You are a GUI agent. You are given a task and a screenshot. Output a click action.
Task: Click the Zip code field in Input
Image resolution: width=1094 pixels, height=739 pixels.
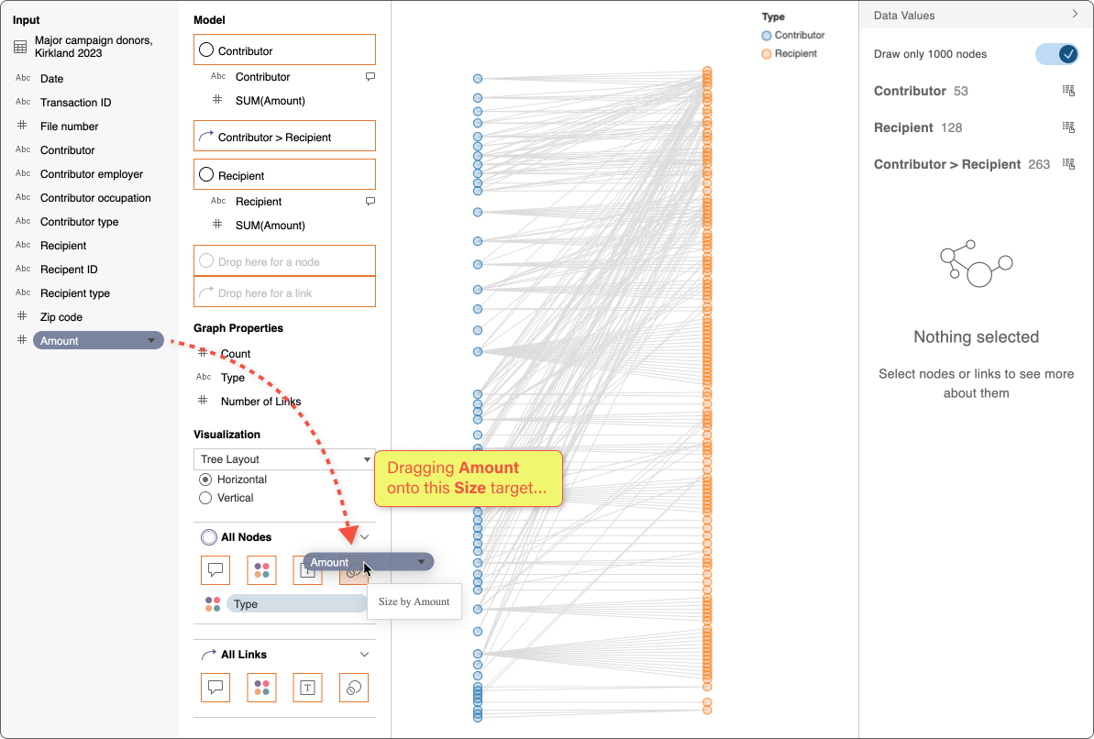[x=61, y=317]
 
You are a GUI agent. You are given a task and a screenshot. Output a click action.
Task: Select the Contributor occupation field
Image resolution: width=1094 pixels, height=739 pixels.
[x=95, y=198]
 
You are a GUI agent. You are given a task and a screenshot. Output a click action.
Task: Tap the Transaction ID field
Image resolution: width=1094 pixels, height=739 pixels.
[x=75, y=103]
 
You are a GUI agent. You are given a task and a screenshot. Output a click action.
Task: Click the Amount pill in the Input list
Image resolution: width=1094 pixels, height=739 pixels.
[x=92, y=341]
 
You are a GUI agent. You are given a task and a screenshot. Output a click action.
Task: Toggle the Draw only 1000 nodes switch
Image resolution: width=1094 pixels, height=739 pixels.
[x=1056, y=54]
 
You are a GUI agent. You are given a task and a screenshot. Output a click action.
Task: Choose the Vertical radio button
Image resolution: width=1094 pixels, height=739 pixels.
[x=205, y=498]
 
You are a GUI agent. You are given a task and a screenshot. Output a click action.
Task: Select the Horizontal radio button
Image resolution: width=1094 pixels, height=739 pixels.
[x=205, y=480]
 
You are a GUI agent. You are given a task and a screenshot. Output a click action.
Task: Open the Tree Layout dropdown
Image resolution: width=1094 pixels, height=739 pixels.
[x=284, y=459]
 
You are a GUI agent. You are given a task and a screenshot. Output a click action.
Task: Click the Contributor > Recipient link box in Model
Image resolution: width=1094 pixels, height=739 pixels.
[x=284, y=138]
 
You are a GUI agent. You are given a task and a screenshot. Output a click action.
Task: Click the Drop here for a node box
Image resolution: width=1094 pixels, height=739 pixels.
[x=284, y=261]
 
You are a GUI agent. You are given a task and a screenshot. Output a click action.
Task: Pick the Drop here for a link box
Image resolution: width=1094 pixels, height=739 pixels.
[x=284, y=293]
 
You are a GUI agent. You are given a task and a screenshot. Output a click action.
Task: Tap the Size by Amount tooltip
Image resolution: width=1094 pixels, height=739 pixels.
[x=414, y=601]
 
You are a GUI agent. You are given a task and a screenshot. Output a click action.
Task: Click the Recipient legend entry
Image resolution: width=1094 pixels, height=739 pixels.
[x=794, y=54]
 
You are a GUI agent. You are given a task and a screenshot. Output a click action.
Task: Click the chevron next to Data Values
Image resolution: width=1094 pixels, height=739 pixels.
[x=1075, y=15]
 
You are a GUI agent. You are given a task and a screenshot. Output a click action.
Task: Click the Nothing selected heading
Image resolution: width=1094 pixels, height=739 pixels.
[x=976, y=337]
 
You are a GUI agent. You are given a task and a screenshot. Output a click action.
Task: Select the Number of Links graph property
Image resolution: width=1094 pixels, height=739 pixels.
[x=260, y=402]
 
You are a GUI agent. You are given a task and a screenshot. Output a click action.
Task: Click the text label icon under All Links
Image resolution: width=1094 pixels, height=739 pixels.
[x=308, y=688]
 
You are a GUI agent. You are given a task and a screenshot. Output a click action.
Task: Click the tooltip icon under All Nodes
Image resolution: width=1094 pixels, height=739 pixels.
[x=215, y=570]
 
